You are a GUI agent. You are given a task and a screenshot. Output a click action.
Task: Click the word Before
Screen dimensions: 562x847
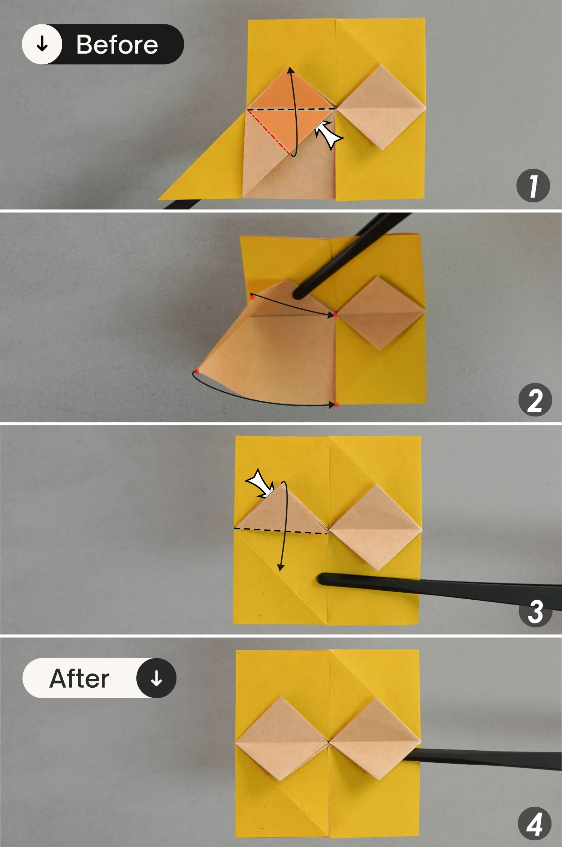(117, 45)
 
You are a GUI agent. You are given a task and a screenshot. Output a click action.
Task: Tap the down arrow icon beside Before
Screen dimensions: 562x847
(42, 44)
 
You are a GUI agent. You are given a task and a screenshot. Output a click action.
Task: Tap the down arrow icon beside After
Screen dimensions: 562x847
(156, 678)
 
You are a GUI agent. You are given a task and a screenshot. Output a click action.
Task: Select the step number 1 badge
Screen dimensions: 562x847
(533, 186)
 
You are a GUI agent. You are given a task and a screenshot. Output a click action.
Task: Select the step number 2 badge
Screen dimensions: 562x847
(535, 400)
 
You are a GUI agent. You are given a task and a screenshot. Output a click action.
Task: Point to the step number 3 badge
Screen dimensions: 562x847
(535, 611)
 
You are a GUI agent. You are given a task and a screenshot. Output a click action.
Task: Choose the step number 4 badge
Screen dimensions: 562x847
(535, 824)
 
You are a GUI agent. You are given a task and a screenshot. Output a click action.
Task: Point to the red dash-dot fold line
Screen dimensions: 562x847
(269, 132)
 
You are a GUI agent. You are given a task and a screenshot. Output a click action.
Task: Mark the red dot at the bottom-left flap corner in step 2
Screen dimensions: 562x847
(196, 371)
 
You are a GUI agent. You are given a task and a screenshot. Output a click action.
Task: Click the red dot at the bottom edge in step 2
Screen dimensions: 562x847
(336, 404)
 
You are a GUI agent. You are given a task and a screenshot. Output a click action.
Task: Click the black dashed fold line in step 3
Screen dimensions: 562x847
(281, 531)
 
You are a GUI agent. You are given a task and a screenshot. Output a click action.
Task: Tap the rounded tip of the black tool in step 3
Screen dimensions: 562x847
(321, 579)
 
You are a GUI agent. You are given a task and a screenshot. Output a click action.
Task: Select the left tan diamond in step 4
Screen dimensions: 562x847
(282, 739)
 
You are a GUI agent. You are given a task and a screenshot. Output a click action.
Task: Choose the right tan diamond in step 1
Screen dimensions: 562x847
(381, 107)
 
